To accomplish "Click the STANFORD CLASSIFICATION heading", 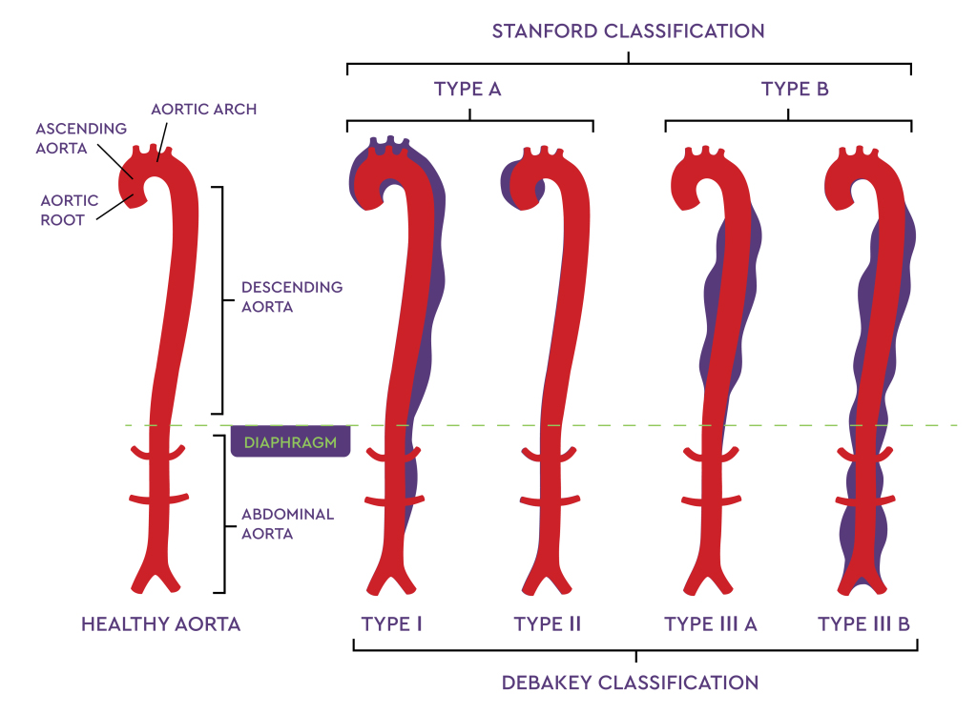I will (628, 31).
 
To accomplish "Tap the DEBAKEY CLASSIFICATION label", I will (630, 683).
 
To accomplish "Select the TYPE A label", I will (468, 90).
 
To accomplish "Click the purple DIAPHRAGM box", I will (290, 442).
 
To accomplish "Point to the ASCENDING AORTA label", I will (81, 137).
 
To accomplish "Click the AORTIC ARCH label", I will (203, 110).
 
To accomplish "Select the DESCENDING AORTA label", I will (292, 296).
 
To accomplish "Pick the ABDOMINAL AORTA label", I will (287, 523).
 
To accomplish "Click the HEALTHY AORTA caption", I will (160, 624).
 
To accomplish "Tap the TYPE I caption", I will (392, 624).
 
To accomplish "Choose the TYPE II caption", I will (547, 624).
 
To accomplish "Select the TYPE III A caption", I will (711, 624).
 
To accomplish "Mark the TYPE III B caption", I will (863, 624).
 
